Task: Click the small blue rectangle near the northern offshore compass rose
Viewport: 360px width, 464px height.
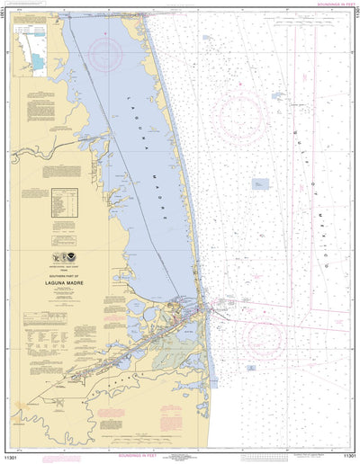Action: click(206, 39)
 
